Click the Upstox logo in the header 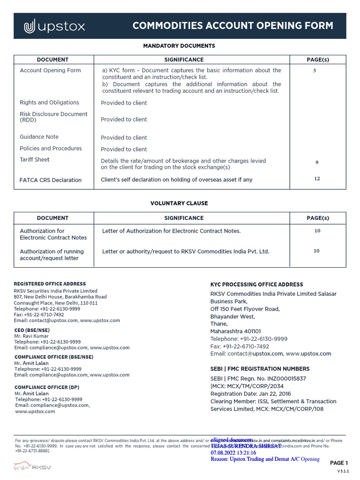click(x=54, y=26)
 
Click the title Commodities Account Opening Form click(x=232, y=26)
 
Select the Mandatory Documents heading click(x=179, y=46)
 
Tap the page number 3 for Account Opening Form click(x=314, y=71)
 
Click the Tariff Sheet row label click(x=34, y=160)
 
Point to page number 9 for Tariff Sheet click(x=317, y=163)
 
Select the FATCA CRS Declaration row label click(x=50, y=180)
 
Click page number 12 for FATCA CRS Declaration click(x=317, y=179)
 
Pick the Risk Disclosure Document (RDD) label click(x=53, y=117)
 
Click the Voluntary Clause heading click(x=179, y=203)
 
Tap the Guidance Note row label click(x=39, y=137)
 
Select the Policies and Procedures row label click(x=51, y=149)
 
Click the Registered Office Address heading click(x=50, y=284)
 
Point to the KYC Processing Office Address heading click(x=256, y=285)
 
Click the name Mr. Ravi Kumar click(x=31, y=336)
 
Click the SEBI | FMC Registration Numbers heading click(x=260, y=369)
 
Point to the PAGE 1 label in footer click(x=339, y=463)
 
